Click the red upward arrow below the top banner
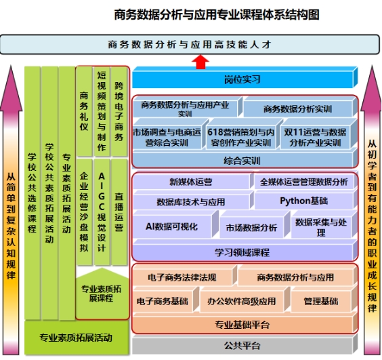click(200, 62)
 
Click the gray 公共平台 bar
click(245, 344)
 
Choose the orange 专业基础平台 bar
click(245, 323)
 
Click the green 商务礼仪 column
click(84, 111)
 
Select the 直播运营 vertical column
click(119, 212)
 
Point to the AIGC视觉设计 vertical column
click(102, 212)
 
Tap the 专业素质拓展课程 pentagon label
click(102, 293)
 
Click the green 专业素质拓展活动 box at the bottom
click(77, 338)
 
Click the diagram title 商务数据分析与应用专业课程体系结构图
click(217, 15)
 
